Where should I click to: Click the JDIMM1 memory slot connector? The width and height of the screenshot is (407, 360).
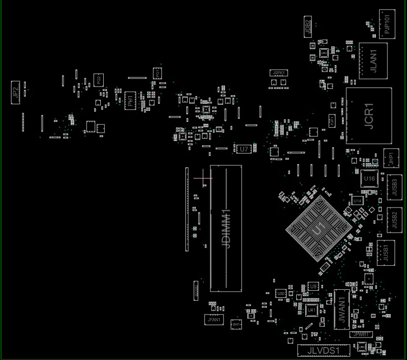click(x=226, y=228)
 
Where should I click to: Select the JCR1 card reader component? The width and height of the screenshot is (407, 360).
click(x=368, y=116)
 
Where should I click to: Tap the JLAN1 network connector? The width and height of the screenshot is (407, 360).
click(x=373, y=61)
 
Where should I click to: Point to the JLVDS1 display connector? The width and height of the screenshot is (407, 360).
click(x=323, y=350)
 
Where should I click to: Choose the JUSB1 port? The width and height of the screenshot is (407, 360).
click(x=386, y=252)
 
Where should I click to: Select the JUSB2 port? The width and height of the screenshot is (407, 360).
click(x=394, y=219)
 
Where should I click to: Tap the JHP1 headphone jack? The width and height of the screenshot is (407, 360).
click(x=391, y=158)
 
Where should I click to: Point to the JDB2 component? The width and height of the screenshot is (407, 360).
click(x=308, y=26)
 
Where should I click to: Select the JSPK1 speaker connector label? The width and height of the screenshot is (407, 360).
click(x=278, y=73)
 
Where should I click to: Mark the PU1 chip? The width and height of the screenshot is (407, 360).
click(x=130, y=101)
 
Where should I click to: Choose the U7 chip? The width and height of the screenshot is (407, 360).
click(x=244, y=149)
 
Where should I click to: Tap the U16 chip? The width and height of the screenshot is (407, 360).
click(x=369, y=178)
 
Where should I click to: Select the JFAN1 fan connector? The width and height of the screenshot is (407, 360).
click(x=214, y=320)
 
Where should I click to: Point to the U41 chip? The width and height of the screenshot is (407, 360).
click(x=311, y=310)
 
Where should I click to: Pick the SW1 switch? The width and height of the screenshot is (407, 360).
click(x=236, y=324)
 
